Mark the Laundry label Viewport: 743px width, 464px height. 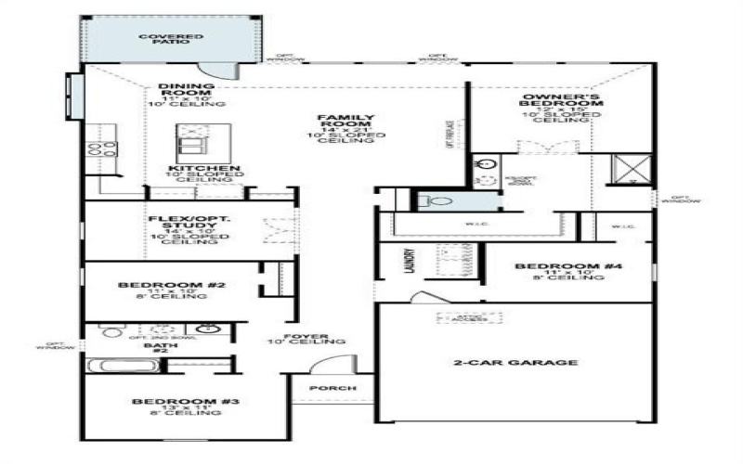(x=409, y=264)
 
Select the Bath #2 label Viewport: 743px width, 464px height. (x=155, y=347)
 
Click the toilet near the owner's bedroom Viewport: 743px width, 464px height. (x=436, y=200)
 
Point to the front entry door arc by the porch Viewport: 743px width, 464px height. (x=327, y=366)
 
